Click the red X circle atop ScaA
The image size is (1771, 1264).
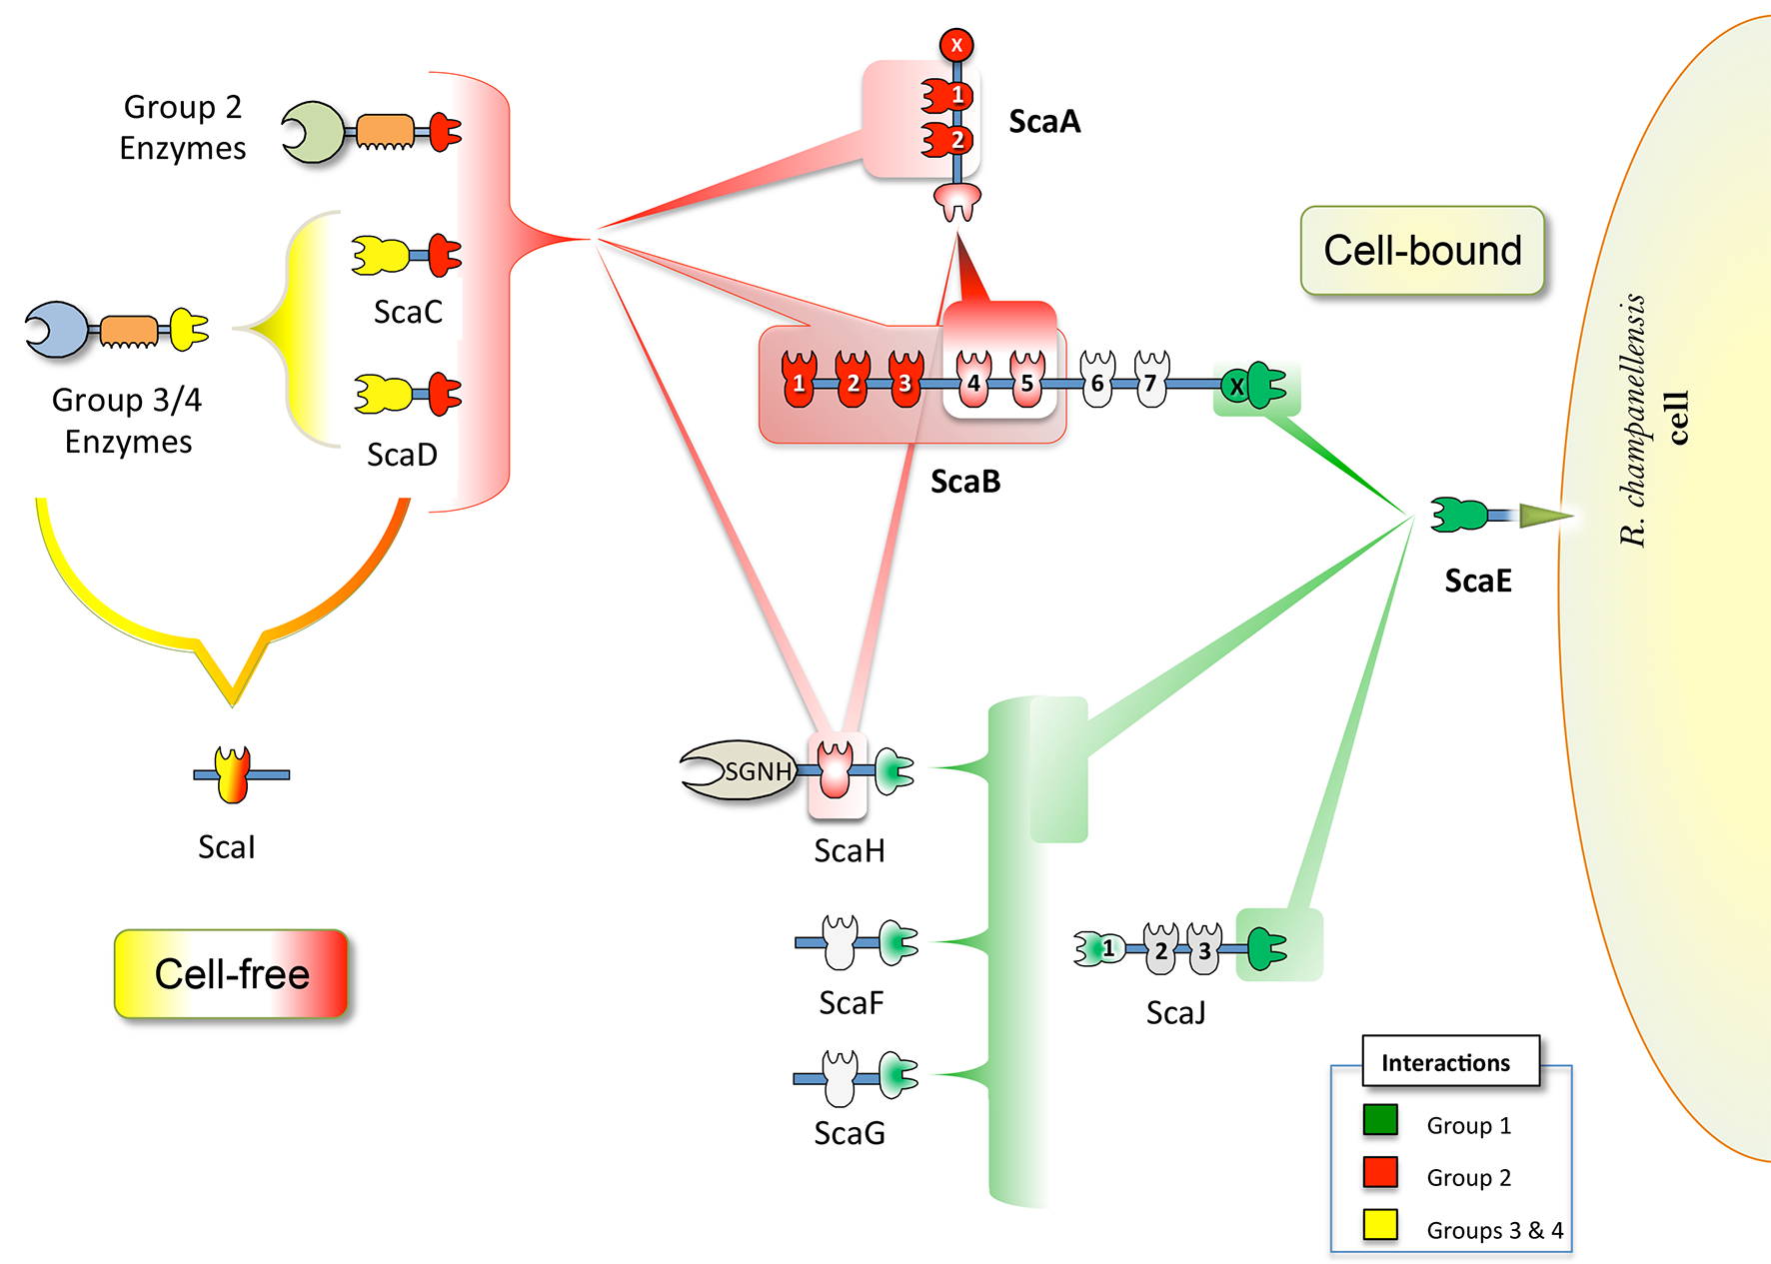956,45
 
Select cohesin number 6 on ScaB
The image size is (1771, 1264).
1097,381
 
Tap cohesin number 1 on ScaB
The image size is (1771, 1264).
799,381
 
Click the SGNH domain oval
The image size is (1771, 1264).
739,770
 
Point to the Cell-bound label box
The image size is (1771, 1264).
1422,251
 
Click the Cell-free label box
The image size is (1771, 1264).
231,974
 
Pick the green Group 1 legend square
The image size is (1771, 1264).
1380,1120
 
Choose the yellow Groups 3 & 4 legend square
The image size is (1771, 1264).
1380,1225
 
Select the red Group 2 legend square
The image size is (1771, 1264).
1380,1172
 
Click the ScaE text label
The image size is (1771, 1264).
1478,581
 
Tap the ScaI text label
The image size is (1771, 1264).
227,847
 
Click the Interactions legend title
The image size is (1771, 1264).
1445,1062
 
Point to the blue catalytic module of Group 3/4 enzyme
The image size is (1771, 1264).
57,330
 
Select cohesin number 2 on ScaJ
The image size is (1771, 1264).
1160,949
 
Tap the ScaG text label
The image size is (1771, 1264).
850,1133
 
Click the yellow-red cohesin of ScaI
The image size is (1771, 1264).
233,774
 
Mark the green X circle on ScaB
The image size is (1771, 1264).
1236,386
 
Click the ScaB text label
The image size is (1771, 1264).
965,482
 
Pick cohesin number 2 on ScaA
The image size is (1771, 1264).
947,140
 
